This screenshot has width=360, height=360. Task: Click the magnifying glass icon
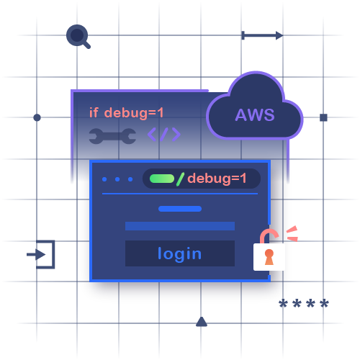point(76,35)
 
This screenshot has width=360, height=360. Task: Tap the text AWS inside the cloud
point(254,114)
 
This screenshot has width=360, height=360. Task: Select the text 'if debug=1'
point(127,112)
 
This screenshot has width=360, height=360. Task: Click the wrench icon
point(112,135)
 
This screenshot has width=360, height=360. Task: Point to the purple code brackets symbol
point(164,135)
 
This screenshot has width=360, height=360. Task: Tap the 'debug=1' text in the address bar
point(217,179)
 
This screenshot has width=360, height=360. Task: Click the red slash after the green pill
point(181,179)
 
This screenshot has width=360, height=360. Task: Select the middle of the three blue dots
point(117,179)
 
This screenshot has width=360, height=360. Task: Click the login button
point(180,253)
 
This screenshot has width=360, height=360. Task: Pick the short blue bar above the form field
point(180,209)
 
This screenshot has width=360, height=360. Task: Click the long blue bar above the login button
point(180,226)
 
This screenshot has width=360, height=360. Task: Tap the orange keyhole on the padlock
point(269,256)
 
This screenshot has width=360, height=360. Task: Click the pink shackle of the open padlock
point(269,236)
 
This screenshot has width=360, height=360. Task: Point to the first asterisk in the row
point(283,305)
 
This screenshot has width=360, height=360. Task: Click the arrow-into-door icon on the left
point(41,254)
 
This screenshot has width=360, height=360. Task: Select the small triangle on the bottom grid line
point(202,321)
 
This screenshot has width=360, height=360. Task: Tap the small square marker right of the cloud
point(323,117)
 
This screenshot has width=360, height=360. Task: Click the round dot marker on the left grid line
point(37,117)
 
